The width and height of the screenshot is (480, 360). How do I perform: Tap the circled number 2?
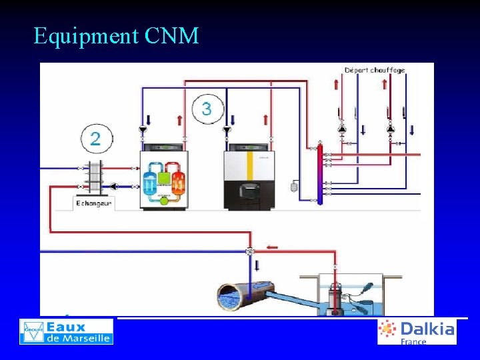96,139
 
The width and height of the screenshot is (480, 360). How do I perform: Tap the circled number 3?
207,109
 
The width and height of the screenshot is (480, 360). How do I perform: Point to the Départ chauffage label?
375,70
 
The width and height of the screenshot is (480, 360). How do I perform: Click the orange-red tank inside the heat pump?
178,180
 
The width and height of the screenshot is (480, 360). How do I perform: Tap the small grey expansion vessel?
293,187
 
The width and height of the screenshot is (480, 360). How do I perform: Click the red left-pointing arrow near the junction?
271,247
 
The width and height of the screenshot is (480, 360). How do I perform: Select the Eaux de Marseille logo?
67,331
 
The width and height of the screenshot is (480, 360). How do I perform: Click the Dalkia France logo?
417,331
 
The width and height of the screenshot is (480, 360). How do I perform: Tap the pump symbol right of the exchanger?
113,186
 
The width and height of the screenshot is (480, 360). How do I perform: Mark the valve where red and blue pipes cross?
250,251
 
